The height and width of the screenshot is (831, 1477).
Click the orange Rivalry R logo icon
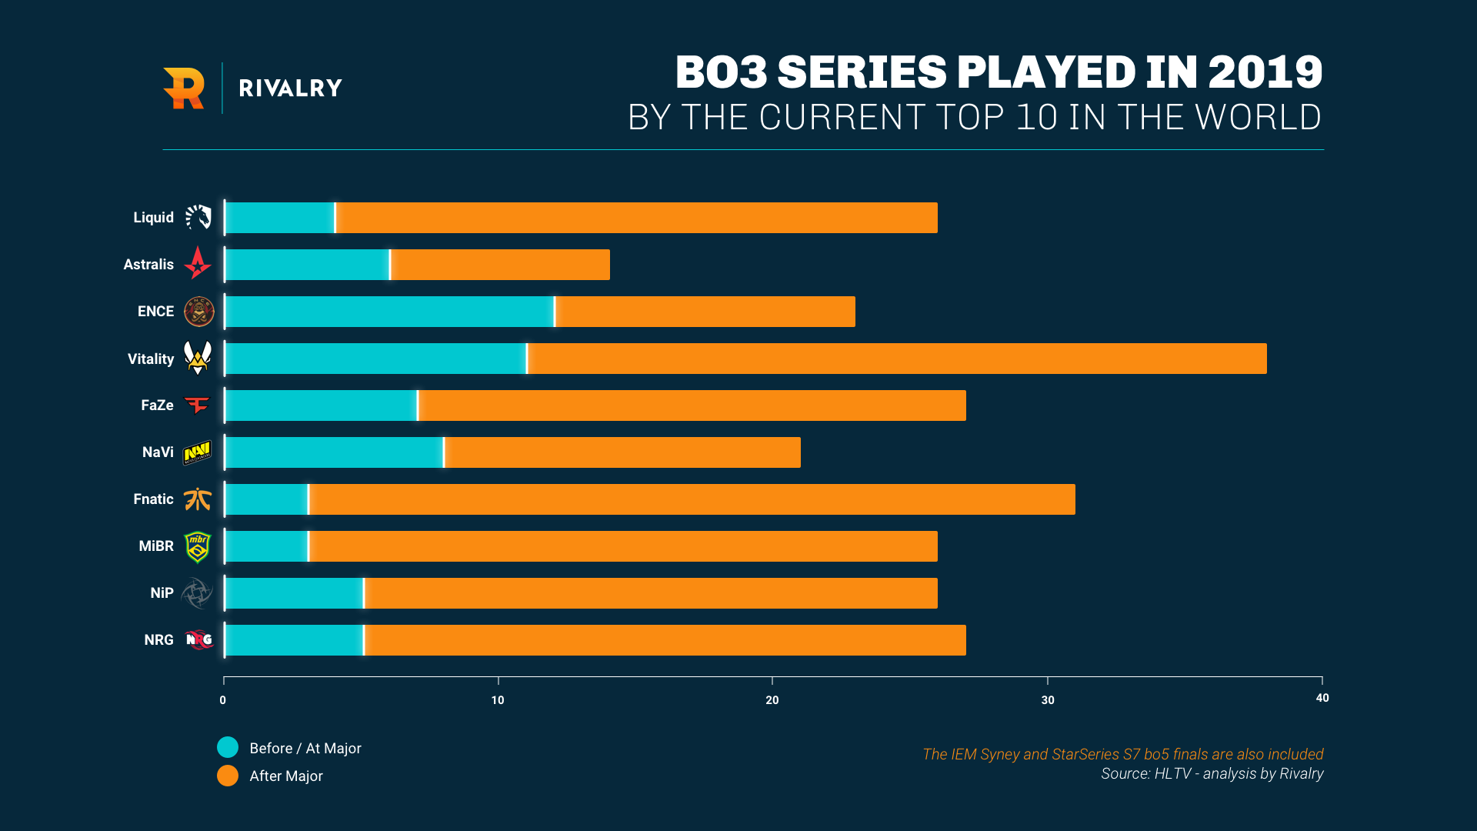point(184,88)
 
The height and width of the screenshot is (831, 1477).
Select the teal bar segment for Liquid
point(280,218)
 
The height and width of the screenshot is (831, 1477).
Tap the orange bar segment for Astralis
point(500,265)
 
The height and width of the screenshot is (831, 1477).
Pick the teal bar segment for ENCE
point(389,312)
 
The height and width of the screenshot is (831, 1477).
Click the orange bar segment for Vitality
point(897,359)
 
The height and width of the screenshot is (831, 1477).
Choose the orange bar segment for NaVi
point(622,452)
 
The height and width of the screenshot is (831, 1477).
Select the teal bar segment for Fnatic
point(266,499)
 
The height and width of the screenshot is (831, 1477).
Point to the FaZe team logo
point(198,405)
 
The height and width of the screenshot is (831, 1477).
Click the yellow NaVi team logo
point(198,452)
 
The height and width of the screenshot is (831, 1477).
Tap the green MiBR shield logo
point(198,546)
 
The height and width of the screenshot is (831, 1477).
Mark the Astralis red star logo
point(198,263)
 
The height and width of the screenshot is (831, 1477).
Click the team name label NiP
point(162,593)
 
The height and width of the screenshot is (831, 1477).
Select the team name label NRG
point(158,640)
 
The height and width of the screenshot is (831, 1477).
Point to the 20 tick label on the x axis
point(772,700)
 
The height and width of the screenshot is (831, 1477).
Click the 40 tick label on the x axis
point(1322,698)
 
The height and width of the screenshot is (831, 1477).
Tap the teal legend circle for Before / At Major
point(228,747)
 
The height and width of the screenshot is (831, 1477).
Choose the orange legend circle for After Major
point(228,776)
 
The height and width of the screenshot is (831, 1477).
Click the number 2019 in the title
point(1265,72)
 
